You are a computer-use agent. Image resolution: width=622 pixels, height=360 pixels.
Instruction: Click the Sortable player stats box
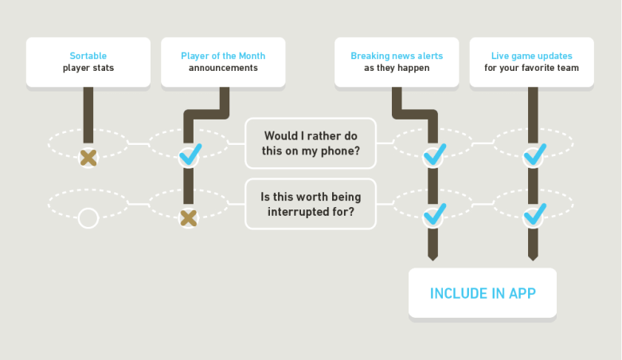[x=88, y=62]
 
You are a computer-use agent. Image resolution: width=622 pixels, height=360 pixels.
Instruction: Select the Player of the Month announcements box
[x=223, y=62]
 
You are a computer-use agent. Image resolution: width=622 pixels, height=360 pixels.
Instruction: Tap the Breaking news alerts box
[x=397, y=62]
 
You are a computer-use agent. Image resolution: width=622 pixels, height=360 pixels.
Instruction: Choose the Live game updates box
[x=531, y=62]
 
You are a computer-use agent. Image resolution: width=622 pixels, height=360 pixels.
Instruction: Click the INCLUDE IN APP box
[x=483, y=293]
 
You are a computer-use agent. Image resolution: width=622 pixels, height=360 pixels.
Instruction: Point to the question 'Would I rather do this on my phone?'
[x=310, y=143]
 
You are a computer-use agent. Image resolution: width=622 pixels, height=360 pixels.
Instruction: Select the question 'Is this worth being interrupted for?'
[x=310, y=205]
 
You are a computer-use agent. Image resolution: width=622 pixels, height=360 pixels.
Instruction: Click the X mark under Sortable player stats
[x=88, y=157]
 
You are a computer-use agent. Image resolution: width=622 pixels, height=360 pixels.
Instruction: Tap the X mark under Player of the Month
[x=188, y=217]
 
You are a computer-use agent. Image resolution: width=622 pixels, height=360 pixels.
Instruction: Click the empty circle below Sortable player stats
[x=88, y=217]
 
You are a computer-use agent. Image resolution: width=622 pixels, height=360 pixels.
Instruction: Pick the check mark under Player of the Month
[x=190, y=155]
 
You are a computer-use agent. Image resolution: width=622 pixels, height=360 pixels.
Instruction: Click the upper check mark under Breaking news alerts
[x=435, y=155]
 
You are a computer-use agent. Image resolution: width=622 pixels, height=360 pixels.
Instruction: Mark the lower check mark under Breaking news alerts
[x=435, y=215]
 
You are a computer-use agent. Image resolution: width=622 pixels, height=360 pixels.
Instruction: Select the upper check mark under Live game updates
[x=534, y=155]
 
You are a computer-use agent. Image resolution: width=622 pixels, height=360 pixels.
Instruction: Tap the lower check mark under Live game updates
[x=534, y=215]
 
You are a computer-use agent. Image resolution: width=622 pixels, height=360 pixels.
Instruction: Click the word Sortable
[x=88, y=57]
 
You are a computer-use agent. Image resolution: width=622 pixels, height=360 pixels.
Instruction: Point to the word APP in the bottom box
[x=520, y=293]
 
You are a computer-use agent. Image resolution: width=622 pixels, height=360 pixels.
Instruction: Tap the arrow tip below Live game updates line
[x=532, y=256]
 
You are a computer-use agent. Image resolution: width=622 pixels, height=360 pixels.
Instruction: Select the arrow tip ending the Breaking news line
[x=432, y=256]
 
